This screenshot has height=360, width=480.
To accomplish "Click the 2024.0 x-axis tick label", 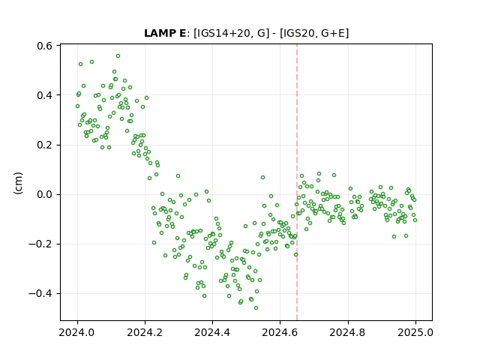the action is pos(76,332).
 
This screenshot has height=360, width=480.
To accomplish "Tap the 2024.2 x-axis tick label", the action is pos(145,332).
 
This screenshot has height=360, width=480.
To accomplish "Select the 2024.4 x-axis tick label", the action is pos(212,332).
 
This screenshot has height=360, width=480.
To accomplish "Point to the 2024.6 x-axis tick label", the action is pos(280,332).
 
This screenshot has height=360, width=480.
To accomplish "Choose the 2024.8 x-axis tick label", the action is pos(347,332).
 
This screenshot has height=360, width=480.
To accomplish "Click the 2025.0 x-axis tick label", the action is pos(415,332).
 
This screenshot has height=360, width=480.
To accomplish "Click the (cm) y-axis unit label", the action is pos(18,183).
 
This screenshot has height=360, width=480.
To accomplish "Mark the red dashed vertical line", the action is pos(297,182).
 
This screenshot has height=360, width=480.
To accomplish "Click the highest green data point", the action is pos(118,56).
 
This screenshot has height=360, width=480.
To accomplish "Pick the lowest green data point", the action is pos(256,307).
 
